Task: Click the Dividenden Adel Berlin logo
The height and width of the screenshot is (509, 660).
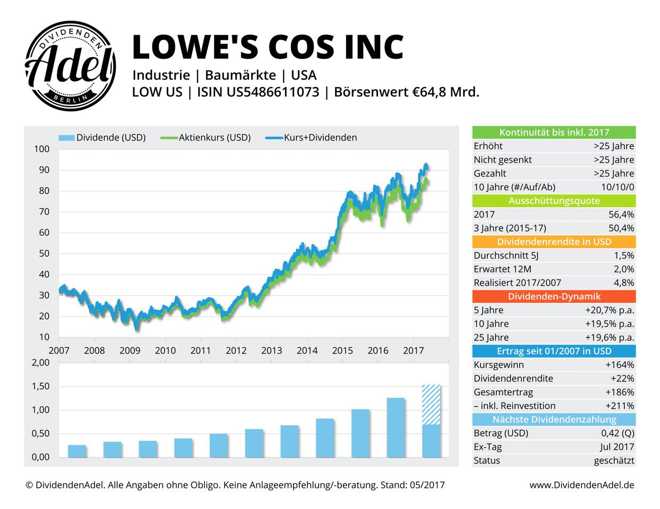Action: (x=70, y=66)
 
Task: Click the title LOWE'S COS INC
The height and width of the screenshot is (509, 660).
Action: (x=268, y=47)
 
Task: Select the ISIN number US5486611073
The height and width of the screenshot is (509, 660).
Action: (x=273, y=92)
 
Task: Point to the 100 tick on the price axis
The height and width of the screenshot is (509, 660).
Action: (x=41, y=149)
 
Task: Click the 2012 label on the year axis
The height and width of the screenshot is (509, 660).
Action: (x=236, y=350)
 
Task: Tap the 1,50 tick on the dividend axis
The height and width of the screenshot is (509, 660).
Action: (x=40, y=387)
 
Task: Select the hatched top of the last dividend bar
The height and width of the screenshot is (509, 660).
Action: (x=431, y=404)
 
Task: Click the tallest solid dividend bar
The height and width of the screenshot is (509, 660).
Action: (x=396, y=427)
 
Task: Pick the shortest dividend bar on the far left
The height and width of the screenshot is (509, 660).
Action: (x=77, y=451)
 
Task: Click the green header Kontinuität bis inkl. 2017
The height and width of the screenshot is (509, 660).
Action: (x=554, y=133)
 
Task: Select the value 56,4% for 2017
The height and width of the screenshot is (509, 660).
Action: (x=621, y=215)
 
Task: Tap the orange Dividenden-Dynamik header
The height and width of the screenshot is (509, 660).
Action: (x=554, y=297)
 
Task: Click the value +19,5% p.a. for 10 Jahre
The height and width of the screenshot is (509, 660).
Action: (x=610, y=324)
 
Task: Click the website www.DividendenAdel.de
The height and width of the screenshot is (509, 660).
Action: (x=581, y=485)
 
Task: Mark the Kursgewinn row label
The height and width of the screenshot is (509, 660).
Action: (x=499, y=365)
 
